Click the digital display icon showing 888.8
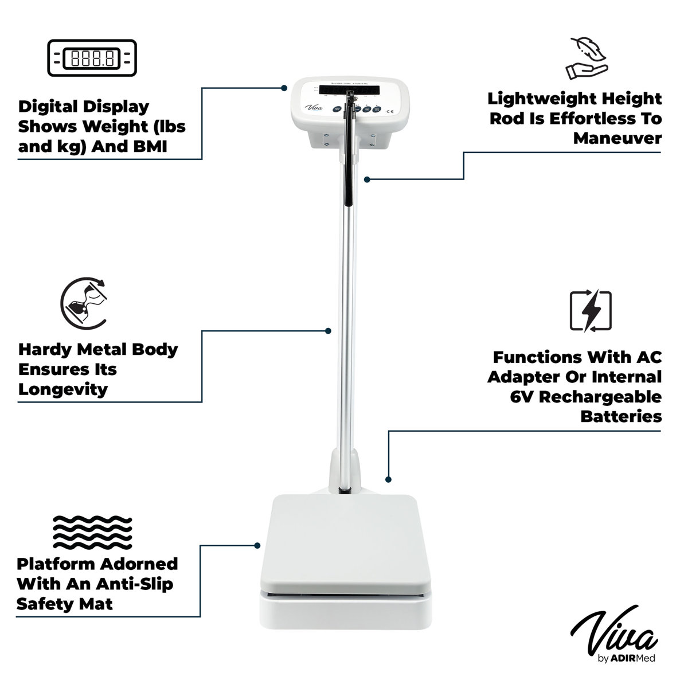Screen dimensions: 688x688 point(92,58)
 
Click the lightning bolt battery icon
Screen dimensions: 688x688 point(591,311)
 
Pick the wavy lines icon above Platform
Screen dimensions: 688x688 point(92,532)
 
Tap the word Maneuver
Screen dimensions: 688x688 point(617,139)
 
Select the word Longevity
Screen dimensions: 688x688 point(63,390)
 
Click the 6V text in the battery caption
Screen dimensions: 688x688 point(523,397)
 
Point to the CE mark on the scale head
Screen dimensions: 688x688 point(390,111)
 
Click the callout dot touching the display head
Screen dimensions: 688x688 point(284,88)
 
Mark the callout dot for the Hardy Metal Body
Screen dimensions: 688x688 point(328,331)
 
